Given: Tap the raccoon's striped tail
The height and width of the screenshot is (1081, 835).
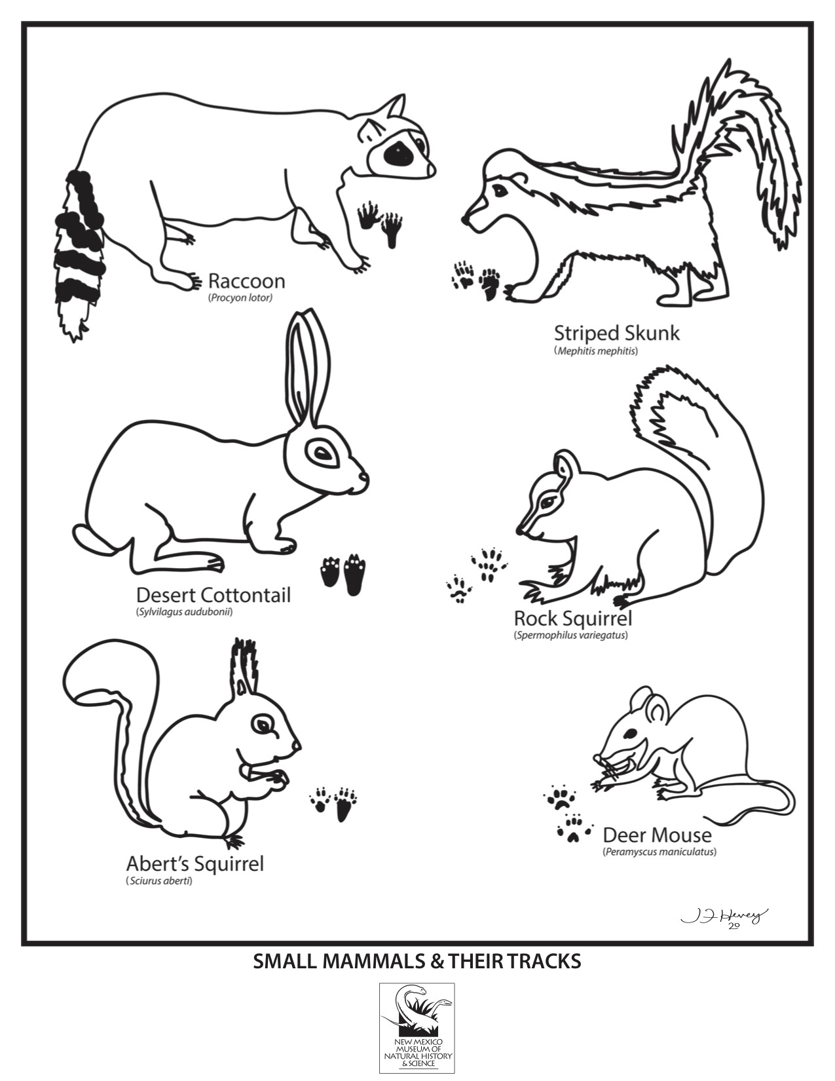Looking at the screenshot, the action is (80, 254).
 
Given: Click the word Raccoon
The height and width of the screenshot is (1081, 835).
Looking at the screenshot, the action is (247, 281).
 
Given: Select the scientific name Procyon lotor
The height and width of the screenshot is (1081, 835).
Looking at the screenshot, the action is (241, 299).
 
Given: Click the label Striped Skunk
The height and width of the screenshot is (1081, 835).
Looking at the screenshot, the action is (617, 333).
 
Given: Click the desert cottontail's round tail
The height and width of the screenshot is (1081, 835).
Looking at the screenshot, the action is (94, 538).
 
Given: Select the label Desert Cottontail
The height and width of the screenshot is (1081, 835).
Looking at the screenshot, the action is (213, 595).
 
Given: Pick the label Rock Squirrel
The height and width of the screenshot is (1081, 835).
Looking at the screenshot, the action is (573, 619).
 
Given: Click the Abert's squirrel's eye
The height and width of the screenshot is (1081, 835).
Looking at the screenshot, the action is (263, 725).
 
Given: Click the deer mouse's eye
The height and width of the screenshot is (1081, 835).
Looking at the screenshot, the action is (631, 733).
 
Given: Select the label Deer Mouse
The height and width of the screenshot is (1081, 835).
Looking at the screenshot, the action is (657, 835).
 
